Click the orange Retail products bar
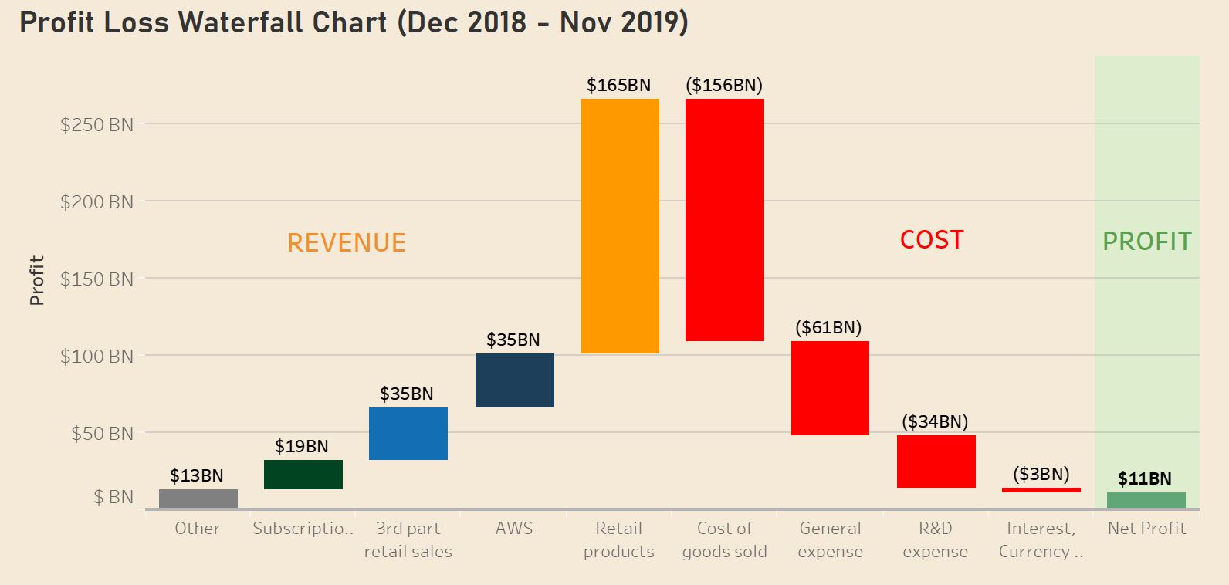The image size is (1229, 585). [620, 226]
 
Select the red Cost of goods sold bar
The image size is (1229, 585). [725, 220]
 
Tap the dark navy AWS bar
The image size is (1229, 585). [515, 380]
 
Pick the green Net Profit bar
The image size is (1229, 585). [1146, 500]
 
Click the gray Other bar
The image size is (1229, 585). [198, 499]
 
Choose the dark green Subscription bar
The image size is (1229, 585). [303, 475]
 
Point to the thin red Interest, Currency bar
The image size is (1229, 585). [1041, 490]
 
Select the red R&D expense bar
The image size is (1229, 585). [936, 462]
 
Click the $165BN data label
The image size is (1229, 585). [618, 85]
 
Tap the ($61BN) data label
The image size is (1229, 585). [828, 327]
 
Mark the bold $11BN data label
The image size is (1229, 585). [1145, 478]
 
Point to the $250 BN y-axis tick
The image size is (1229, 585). [97, 124]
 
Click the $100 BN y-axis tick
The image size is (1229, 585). [97, 356]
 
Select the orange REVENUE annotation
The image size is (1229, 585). [347, 242]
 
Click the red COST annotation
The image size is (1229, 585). [932, 240]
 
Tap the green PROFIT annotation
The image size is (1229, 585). [1147, 242]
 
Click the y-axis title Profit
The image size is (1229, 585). [37, 280]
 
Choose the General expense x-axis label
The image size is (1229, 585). [831, 539]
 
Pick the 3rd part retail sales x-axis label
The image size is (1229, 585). [408, 539]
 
